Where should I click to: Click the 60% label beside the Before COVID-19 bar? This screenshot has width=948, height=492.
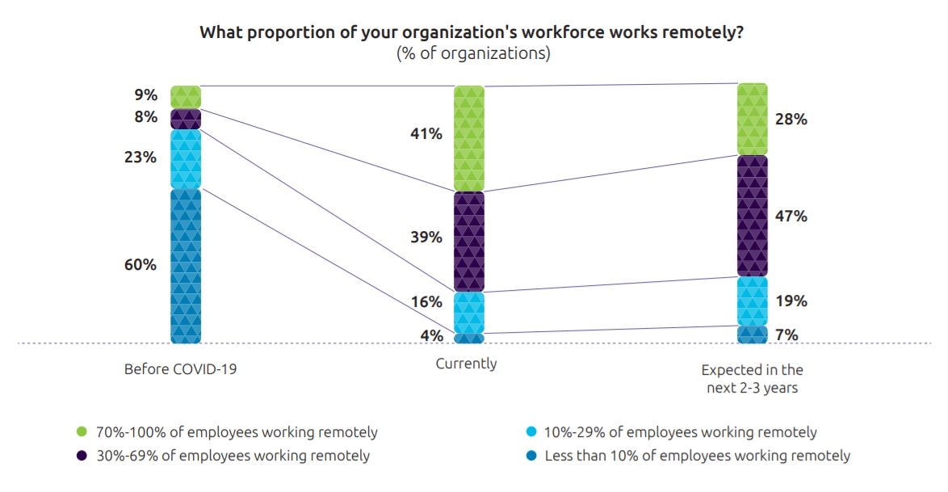click(141, 265)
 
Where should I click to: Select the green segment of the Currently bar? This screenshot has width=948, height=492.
click(469, 138)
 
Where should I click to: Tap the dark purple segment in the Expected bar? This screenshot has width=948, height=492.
click(752, 216)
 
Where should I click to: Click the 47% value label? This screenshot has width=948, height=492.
click(791, 217)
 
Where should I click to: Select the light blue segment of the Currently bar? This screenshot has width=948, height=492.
click(469, 312)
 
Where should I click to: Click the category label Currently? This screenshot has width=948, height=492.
click(466, 364)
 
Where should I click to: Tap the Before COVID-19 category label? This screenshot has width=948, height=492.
click(181, 369)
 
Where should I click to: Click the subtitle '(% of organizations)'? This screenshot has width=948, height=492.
click(473, 54)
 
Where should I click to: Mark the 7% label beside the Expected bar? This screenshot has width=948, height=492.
click(787, 334)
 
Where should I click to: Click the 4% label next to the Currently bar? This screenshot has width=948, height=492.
click(431, 335)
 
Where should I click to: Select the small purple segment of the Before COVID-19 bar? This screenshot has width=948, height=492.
click(186, 119)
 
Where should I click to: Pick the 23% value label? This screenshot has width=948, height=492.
click(141, 158)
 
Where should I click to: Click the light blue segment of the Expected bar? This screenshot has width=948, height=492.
click(752, 301)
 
